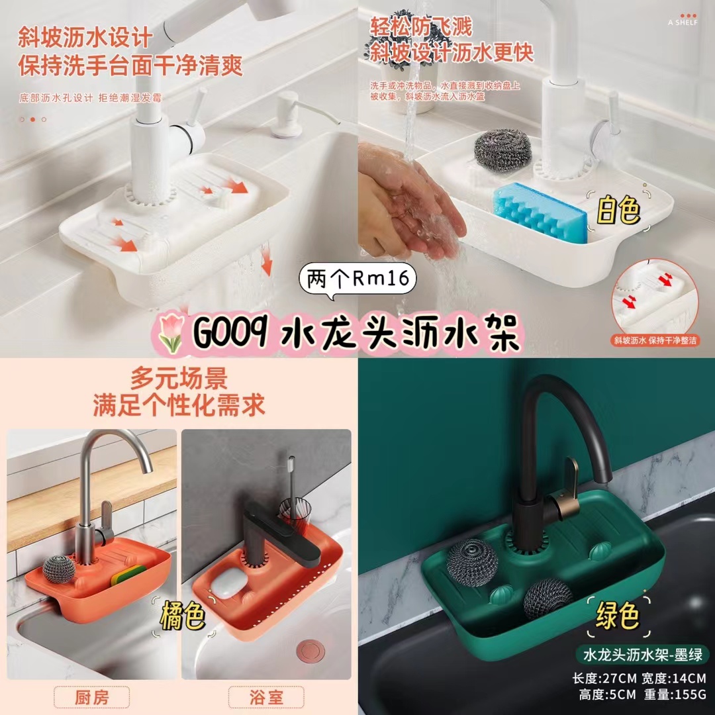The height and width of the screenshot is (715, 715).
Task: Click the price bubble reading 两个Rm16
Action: pos(358,279)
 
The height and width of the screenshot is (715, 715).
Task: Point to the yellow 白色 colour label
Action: pos(618,211)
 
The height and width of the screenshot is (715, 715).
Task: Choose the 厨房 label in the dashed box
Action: pos(91,697)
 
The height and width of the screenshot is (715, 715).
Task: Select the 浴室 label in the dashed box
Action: pos(266,697)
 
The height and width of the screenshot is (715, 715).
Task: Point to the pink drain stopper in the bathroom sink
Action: pos(310,651)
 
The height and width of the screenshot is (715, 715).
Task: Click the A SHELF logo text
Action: pos(683,22)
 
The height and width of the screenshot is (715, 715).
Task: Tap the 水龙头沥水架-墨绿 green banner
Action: pos(643,655)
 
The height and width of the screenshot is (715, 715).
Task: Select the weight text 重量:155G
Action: pos(675,695)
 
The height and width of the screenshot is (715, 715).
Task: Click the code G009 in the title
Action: pos(230,333)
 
